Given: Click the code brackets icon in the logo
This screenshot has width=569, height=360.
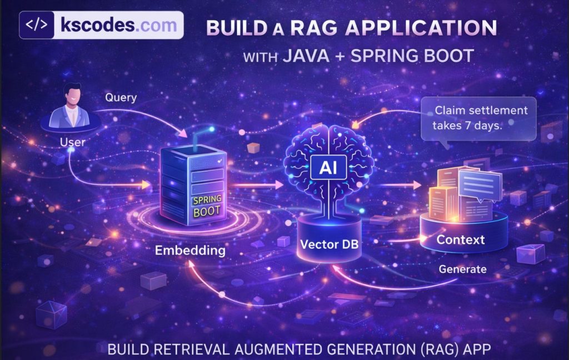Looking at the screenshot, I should click(x=38, y=26).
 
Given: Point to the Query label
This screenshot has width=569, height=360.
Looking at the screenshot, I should click(x=121, y=98).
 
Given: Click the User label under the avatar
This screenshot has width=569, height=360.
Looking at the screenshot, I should click(x=72, y=142).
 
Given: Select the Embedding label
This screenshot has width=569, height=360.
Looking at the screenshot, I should click(x=190, y=250).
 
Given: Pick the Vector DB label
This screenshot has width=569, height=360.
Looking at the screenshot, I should click(x=327, y=244).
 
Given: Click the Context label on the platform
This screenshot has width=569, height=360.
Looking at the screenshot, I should click(x=461, y=240).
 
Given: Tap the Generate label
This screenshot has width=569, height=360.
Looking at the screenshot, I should click(x=463, y=269).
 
